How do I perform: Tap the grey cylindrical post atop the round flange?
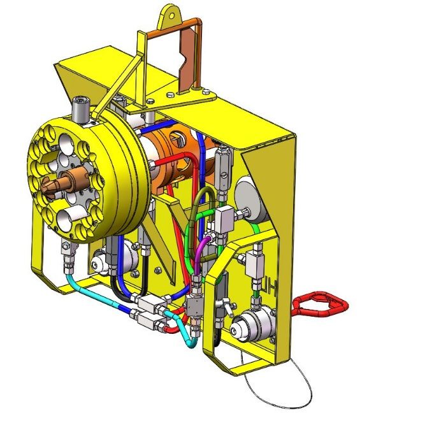81,110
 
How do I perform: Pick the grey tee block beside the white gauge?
224,220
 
